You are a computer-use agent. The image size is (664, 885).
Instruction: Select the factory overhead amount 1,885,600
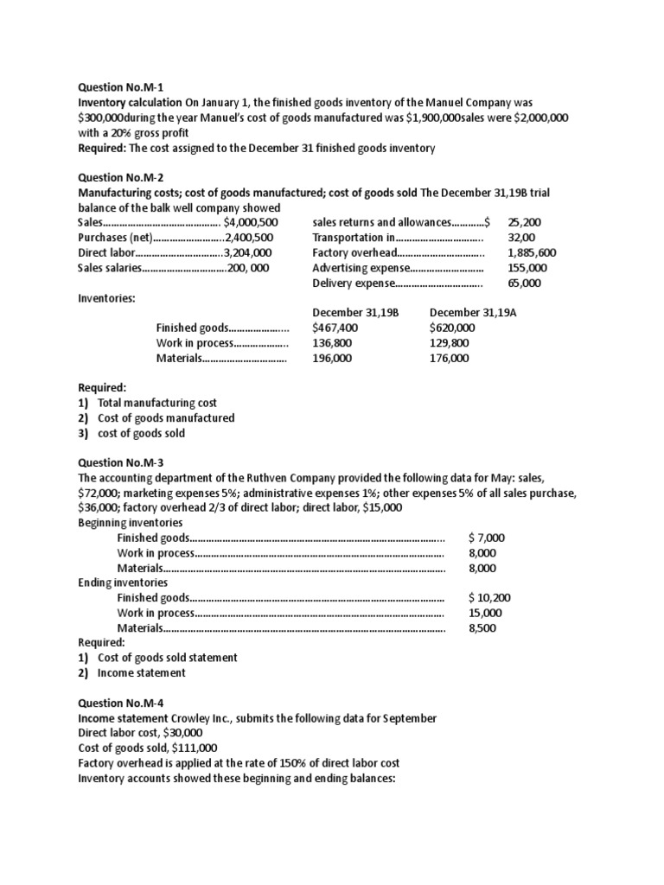click(533, 252)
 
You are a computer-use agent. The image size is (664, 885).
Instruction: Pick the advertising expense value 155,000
click(525, 268)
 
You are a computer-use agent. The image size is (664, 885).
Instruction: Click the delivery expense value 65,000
click(524, 283)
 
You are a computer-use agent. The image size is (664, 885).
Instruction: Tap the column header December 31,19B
click(356, 312)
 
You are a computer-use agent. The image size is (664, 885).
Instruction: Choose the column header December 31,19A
click(473, 312)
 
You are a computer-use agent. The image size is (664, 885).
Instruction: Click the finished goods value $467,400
click(335, 328)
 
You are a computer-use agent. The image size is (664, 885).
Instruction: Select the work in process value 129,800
click(449, 342)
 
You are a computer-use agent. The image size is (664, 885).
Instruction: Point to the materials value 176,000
click(449, 358)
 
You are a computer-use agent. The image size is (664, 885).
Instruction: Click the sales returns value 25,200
click(525, 222)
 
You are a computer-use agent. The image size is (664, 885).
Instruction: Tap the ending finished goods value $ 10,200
click(490, 597)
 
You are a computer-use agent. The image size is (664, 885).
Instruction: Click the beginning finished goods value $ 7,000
click(487, 538)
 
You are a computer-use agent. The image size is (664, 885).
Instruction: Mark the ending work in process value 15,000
click(485, 613)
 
